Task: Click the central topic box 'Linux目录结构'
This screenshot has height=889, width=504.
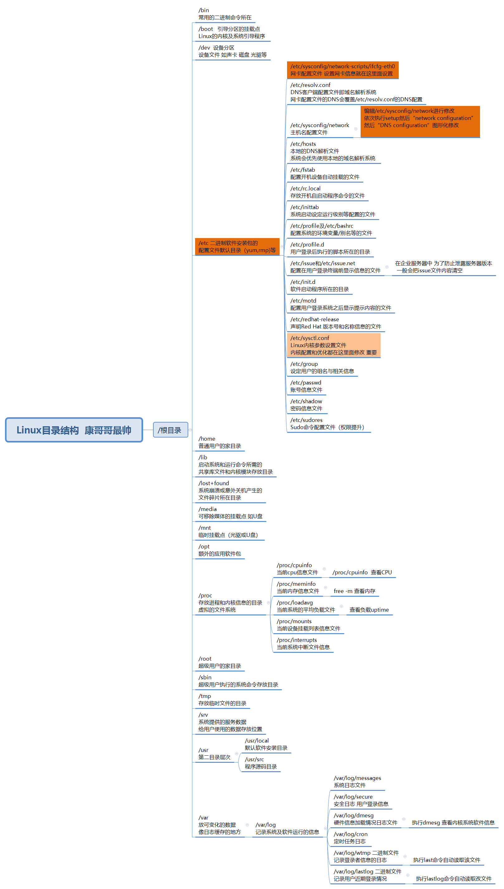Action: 74,430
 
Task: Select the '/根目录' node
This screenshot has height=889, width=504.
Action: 170,430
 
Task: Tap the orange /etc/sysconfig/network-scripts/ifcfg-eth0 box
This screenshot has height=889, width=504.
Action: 342,70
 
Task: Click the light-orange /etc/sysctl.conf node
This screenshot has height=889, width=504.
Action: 333,345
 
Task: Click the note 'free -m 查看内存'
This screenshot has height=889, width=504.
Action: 354,591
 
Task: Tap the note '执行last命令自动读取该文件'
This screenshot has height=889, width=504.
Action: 447,860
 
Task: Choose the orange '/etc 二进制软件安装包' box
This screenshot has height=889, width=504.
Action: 237,247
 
